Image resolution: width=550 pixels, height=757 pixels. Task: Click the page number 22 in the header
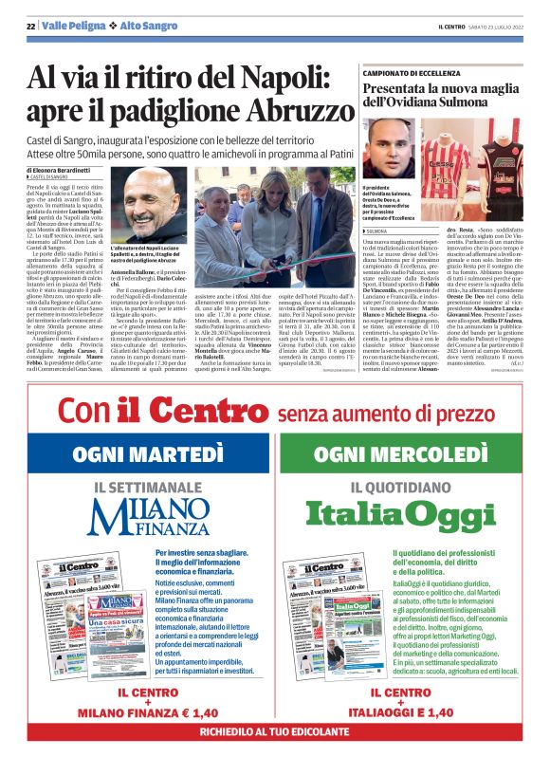(x=30, y=26)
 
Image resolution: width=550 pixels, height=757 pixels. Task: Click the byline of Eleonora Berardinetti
(x=72, y=170)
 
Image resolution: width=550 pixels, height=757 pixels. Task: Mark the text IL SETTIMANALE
(x=154, y=487)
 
